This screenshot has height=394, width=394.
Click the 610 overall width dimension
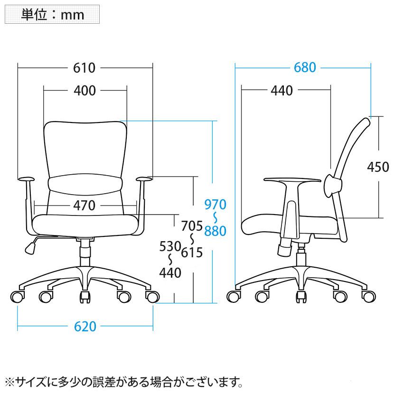(84, 68)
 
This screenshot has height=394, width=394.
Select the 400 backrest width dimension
(85, 90)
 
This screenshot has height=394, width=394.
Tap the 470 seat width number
(85, 206)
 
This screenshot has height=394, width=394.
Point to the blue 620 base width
(85, 327)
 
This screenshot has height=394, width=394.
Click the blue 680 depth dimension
(304, 67)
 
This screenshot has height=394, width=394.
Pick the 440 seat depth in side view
(281, 90)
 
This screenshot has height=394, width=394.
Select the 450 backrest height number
(378, 167)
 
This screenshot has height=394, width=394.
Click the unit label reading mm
(53, 14)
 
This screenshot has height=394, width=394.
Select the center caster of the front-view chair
(85, 297)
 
